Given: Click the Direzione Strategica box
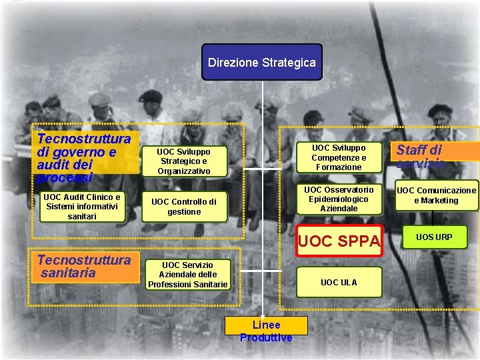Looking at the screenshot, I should (x=262, y=63).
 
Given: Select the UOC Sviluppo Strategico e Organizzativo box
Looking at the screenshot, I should (x=184, y=161).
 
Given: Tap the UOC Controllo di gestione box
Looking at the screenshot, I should (x=184, y=207).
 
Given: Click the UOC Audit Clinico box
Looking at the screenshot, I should (x=82, y=207).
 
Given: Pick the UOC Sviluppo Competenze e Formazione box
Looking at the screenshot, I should (x=339, y=157).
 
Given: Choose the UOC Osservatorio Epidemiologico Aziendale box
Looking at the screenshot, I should (x=339, y=199).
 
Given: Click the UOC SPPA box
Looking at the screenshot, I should (x=339, y=241).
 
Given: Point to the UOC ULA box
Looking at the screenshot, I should (x=339, y=283).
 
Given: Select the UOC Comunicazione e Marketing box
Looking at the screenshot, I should (x=437, y=195).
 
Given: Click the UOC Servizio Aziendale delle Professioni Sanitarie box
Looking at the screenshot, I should (x=188, y=275).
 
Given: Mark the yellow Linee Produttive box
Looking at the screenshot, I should (x=266, y=325).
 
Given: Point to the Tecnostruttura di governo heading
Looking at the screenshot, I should (x=84, y=158).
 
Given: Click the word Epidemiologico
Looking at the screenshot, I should (x=339, y=199).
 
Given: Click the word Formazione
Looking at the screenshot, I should (x=339, y=167).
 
